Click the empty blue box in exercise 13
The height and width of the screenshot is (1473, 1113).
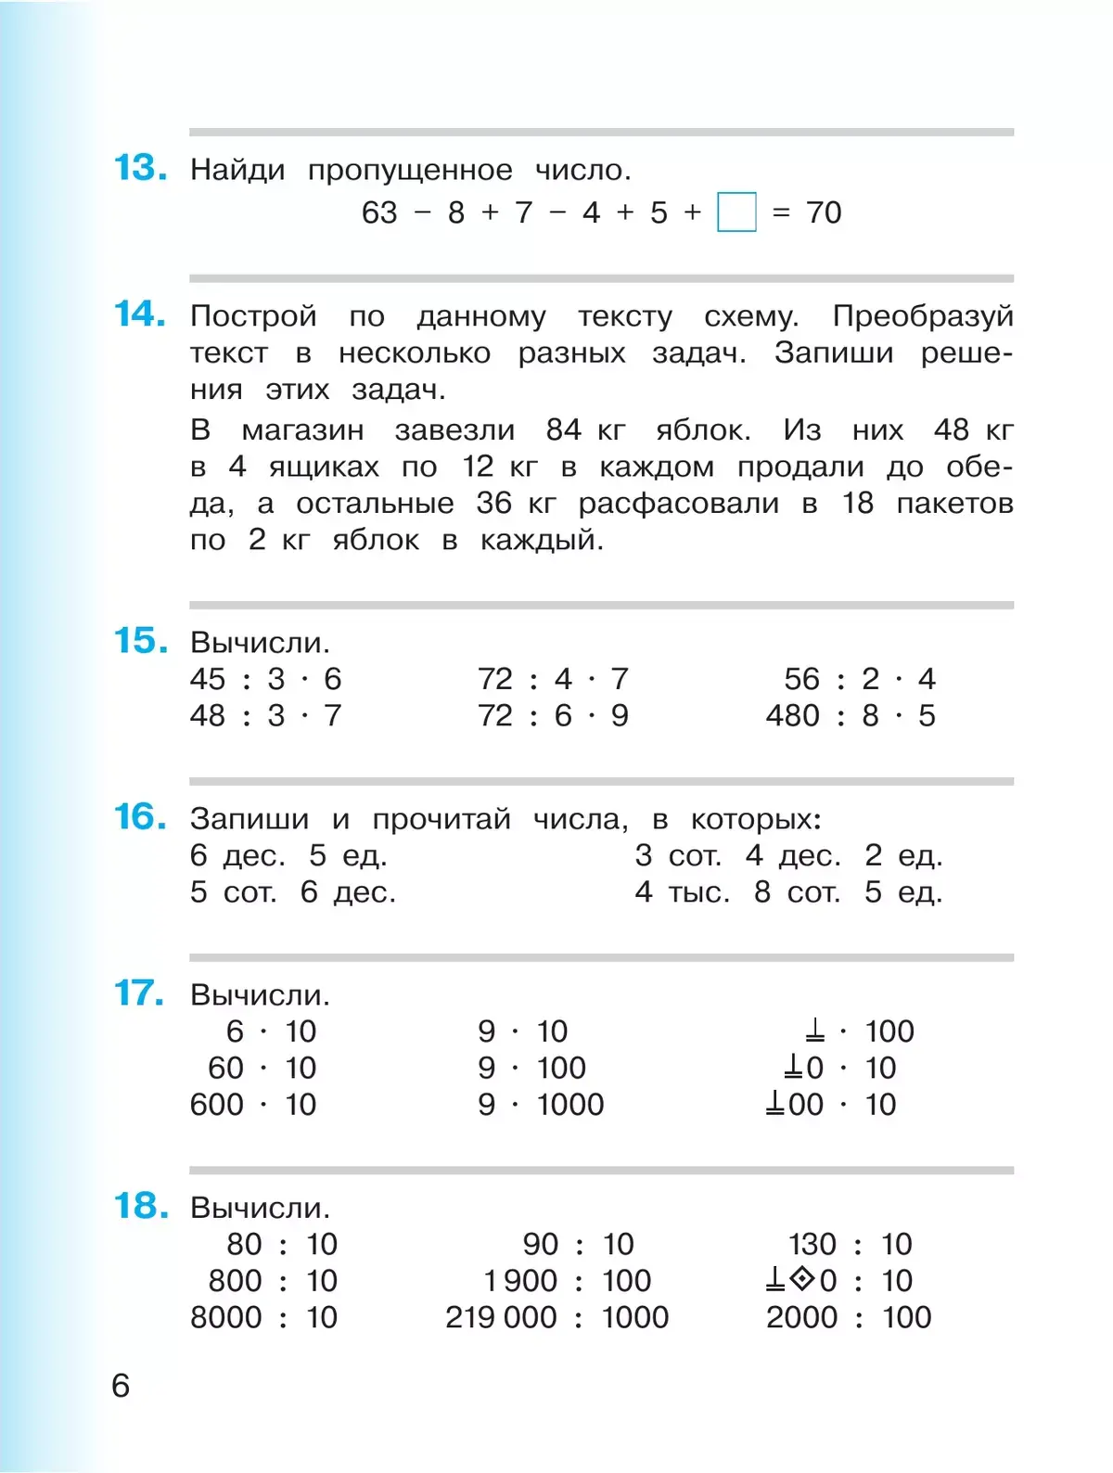pyautogui.click(x=736, y=212)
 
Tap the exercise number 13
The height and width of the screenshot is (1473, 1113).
pyautogui.click(x=140, y=169)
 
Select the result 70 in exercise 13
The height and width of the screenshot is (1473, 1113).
pyautogui.click(x=824, y=212)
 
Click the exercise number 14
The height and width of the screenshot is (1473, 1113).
pyautogui.click(x=140, y=314)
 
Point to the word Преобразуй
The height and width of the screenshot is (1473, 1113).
pyautogui.click(x=922, y=317)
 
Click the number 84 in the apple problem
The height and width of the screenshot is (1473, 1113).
pyautogui.click(x=563, y=429)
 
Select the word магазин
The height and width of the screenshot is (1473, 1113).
pyautogui.click(x=302, y=430)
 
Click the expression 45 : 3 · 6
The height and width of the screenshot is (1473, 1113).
pyautogui.click(x=265, y=679)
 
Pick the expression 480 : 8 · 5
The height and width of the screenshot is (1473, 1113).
pyautogui.click(x=851, y=716)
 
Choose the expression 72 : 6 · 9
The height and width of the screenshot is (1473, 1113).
pyautogui.click(x=553, y=716)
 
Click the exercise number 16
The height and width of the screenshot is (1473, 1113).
pyautogui.click(x=140, y=817)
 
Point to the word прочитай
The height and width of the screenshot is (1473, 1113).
pyautogui.click(x=441, y=820)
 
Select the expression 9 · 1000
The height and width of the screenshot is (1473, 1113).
pyautogui.click(x=541, y=1105)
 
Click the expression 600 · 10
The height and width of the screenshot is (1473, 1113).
pyautogui.click(x=253, y=1105)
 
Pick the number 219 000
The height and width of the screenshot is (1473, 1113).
pyautogui.click(x=501, y=1317)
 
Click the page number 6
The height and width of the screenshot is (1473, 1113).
pyautogui.click(x=121, y=1386)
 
